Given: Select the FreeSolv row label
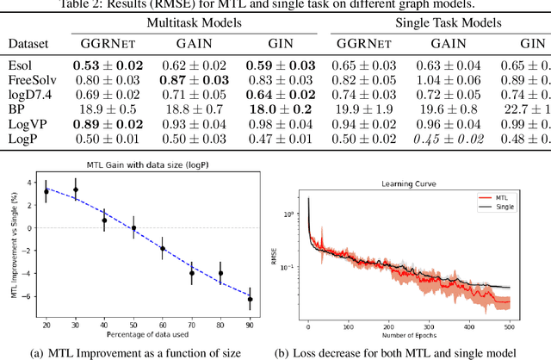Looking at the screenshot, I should (28, 80).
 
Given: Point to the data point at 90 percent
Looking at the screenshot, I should (251, 299).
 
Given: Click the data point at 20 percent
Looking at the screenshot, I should (46, 191).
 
